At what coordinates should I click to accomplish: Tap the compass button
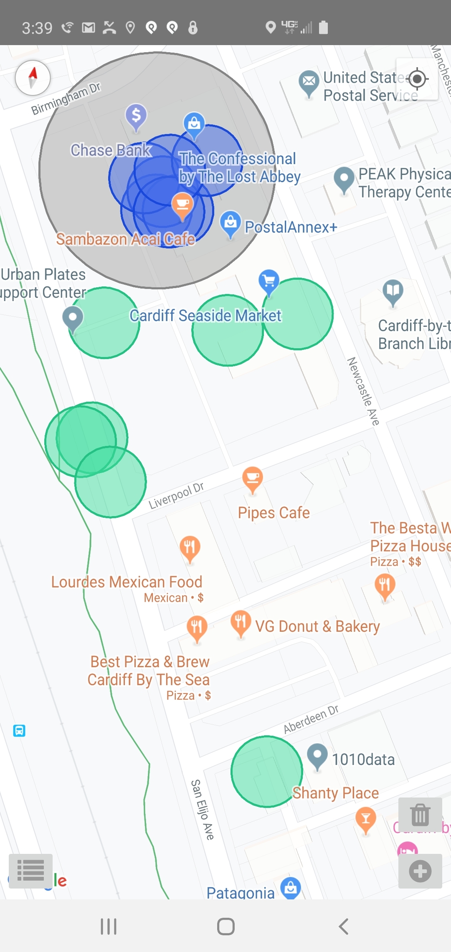[x=33, y=78]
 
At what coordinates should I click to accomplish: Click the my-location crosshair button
[x=417, y=79]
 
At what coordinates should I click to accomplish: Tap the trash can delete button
[x=420, y=815]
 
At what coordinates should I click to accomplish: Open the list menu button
[x=30, y=871]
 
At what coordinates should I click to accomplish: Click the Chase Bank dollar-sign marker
[x=136, y=115]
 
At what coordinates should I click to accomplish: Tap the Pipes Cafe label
[x=274, y=513]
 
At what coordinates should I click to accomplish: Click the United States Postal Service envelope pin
[x=309, y=81]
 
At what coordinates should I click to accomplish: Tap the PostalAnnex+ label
[x=291, y=227]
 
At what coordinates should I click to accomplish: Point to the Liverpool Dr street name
[x=176, y=496]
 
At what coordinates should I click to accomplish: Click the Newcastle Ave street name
[x=363, y=391]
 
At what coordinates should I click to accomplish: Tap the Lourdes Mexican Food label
[x=127, y=582]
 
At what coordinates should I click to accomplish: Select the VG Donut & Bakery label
[x=317, y=626]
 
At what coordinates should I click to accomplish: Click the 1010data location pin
[x=317, y=755]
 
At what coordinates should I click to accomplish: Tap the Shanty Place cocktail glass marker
[x=366, y=819]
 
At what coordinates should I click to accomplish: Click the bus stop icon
[x=19, y=731]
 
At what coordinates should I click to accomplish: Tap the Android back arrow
[x=343, y=927]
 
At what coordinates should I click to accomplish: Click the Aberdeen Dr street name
[x=311, y=719]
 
